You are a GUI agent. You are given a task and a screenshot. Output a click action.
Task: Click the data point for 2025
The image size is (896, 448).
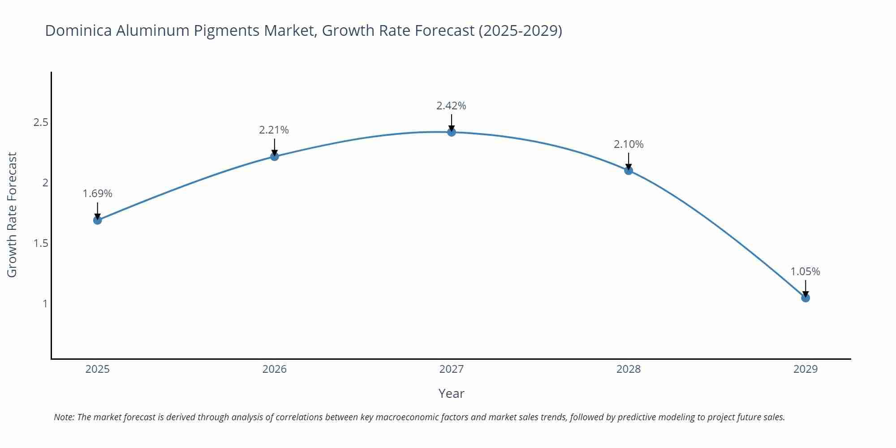click(x=97, y=220)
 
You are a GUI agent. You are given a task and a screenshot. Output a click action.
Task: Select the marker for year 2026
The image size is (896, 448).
click(x=275, y=156)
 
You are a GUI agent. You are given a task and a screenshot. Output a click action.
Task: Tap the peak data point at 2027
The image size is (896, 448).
click(x=452, y=132)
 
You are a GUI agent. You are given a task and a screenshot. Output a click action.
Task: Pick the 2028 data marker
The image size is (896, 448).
click(x=629, y=170)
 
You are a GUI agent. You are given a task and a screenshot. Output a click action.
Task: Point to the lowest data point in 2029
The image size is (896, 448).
click(x=806, y=298)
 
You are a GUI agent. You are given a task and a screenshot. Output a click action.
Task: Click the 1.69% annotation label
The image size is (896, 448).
click(x=97, y=194)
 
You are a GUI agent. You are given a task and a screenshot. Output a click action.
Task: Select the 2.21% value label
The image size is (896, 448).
click(x=274, y=130)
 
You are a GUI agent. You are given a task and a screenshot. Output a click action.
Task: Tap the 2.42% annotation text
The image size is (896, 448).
click(x=451, y=106)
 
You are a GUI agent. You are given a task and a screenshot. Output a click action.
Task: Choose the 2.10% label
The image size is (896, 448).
click(x=629, y=144)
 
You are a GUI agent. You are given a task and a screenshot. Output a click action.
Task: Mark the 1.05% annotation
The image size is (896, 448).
click(x=805, y=271)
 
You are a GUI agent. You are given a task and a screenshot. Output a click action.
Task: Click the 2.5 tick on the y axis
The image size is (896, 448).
click(x=41, y=122)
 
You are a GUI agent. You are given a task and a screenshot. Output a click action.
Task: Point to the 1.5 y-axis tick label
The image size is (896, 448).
click(x=41, y=243)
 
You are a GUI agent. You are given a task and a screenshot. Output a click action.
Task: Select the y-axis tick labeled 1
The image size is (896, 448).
click(x=45, y=304)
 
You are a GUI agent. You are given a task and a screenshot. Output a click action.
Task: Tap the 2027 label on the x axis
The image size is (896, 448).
click(x=452, y=369)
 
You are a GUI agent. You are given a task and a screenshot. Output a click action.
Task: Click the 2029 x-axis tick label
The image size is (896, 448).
click(x=806, y=369)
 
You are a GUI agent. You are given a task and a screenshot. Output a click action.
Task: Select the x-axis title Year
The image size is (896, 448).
click(x=451, y=393)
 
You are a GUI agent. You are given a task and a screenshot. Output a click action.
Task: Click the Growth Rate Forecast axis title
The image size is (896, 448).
click(x=12, y=215)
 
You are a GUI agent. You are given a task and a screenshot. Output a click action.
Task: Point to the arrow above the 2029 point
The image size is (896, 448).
click(x=806, y=288)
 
